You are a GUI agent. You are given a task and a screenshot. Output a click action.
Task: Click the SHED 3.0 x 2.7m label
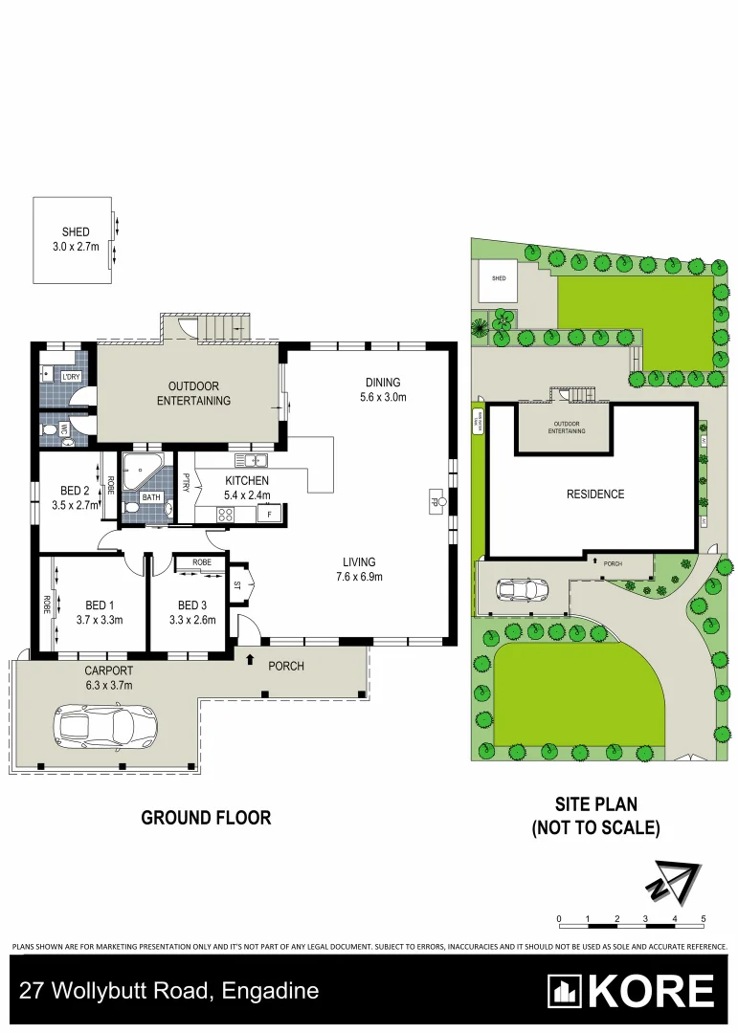coord(76,239)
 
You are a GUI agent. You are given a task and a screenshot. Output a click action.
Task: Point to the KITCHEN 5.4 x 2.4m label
coord(247,488)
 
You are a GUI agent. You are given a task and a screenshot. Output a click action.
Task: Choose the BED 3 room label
coord(191,605)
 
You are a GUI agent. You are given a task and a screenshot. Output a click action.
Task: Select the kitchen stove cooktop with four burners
coord(227,515)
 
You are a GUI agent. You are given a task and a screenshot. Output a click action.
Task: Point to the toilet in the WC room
coord(50,430)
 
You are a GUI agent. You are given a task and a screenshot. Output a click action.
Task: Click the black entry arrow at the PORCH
coord(251,659)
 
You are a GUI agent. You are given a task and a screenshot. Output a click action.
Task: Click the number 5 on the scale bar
coord(704,918)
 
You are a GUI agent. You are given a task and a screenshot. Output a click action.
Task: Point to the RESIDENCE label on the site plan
coord(594,495)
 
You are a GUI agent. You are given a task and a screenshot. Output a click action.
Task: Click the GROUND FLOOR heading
coord(206,818)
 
